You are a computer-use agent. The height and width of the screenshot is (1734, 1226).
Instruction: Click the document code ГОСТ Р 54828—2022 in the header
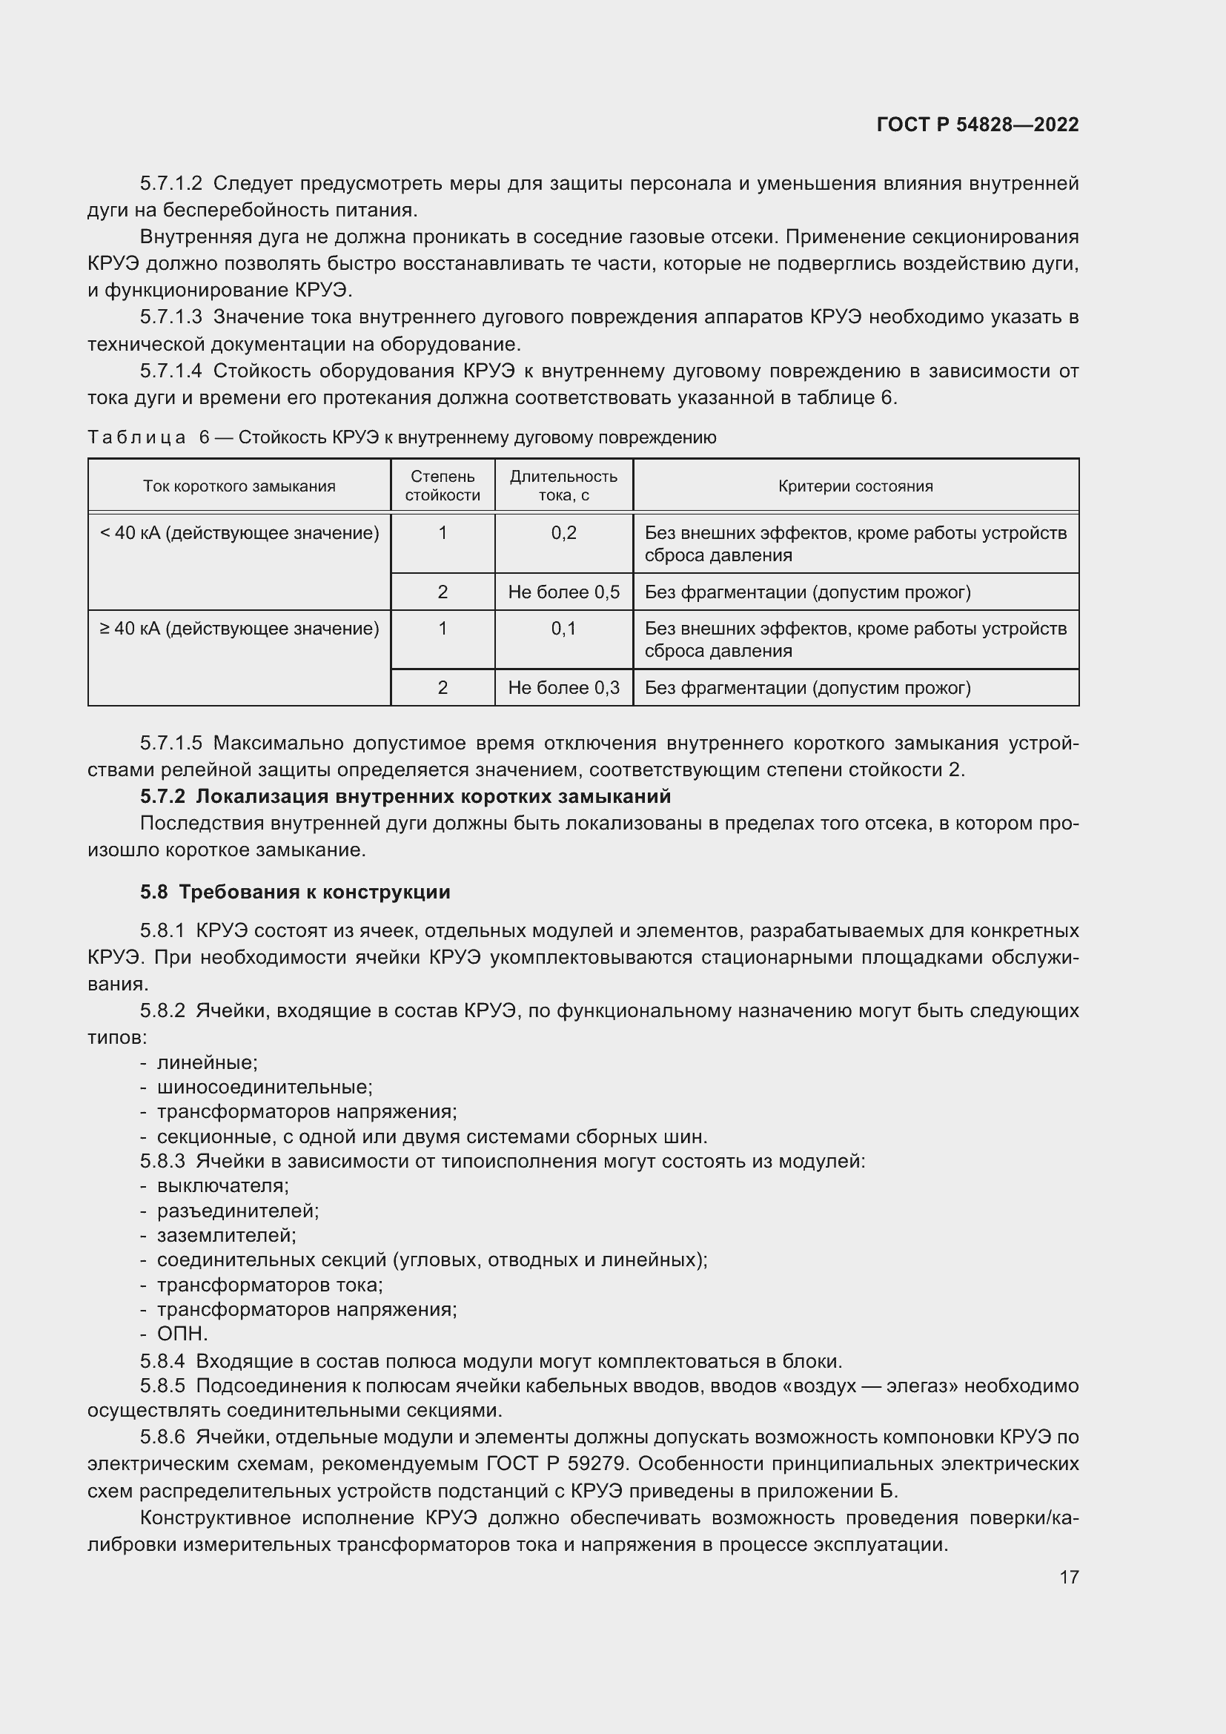click(x=977, y=125)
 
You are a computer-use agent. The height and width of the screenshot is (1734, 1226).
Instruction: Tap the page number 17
click(x=1068, y=1577)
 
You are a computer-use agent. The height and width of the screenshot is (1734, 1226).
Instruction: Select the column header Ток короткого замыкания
click(x=239, y=486)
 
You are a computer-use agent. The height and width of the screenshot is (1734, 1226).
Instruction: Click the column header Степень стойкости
click(x=443, y=486)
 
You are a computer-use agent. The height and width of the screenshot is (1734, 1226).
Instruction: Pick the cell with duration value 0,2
click(x=563, y=533)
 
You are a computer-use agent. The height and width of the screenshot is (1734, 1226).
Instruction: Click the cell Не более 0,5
click(x=563, y=592)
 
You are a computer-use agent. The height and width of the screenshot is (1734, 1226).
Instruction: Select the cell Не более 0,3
click(x=563, y=688)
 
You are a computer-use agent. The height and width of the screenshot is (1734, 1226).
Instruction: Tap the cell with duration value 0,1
click(x=563, y=629)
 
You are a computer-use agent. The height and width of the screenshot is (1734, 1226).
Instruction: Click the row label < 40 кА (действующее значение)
click(x=239, y=533)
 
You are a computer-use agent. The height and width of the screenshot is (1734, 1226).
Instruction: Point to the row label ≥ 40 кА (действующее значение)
click(x=239, y=629)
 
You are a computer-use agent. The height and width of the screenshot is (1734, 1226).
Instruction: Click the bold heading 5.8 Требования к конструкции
click(x=294, y=892)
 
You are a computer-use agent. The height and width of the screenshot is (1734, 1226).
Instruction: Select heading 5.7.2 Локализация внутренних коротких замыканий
click(x=405, y=797)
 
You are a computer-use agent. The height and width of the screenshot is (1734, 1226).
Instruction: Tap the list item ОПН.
click(x=182, y=1334)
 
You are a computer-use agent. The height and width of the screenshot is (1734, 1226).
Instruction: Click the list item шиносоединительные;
click(x=264, y=1087)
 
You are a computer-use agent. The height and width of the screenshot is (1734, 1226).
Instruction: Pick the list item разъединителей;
click(x=238, y=1211)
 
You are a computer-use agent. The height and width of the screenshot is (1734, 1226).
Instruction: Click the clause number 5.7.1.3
click(x=170, y=317)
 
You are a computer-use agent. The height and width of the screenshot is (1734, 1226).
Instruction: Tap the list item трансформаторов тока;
click(x=270, y=1285)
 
